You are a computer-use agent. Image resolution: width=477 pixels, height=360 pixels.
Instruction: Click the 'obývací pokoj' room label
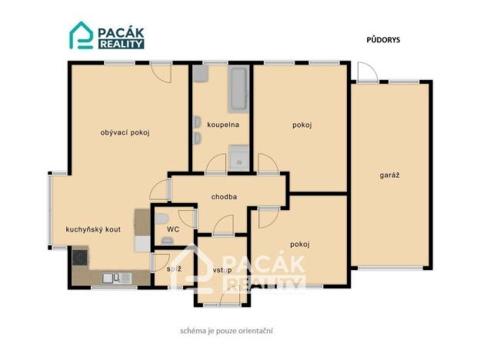click(x=125, y=132)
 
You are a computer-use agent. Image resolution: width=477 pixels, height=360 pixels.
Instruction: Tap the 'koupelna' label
click(x=223, y=124)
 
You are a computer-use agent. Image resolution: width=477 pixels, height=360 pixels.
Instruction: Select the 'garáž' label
click(x=389, y=175)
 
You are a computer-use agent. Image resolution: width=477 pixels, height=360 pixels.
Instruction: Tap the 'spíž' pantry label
click(x=174, y=269)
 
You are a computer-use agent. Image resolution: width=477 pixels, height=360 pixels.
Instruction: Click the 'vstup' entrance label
click(x=223, y=270)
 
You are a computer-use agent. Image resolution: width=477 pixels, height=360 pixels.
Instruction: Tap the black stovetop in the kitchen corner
click(x=80, y=257)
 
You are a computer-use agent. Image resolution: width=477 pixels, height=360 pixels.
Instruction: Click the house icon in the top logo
click(x=81, y=35)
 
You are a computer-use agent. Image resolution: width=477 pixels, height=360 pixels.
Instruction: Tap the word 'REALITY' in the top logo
click(x=120, y=44)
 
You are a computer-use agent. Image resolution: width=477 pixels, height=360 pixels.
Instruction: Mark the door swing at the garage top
click(x=367, y=72)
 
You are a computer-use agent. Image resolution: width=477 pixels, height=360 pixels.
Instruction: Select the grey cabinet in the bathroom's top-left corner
click(x=201, y=74)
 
